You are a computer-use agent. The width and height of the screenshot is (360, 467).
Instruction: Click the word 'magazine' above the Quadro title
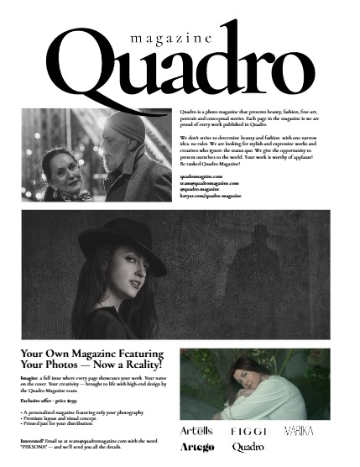pos(160,39)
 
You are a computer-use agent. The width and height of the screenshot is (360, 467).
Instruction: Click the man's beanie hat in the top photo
pos(126,127)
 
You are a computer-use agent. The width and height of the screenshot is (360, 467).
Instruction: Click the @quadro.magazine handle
pos(201,189)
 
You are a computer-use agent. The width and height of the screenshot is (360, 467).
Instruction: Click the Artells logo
pos(198,430)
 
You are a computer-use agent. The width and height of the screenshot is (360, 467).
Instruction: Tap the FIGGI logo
pos(249,431)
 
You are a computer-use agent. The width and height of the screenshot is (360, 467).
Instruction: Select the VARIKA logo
pos(299,430)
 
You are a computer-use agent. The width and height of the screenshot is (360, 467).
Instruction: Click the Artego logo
pos(198,448)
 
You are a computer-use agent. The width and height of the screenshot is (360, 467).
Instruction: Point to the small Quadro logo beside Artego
pos(248,448)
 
